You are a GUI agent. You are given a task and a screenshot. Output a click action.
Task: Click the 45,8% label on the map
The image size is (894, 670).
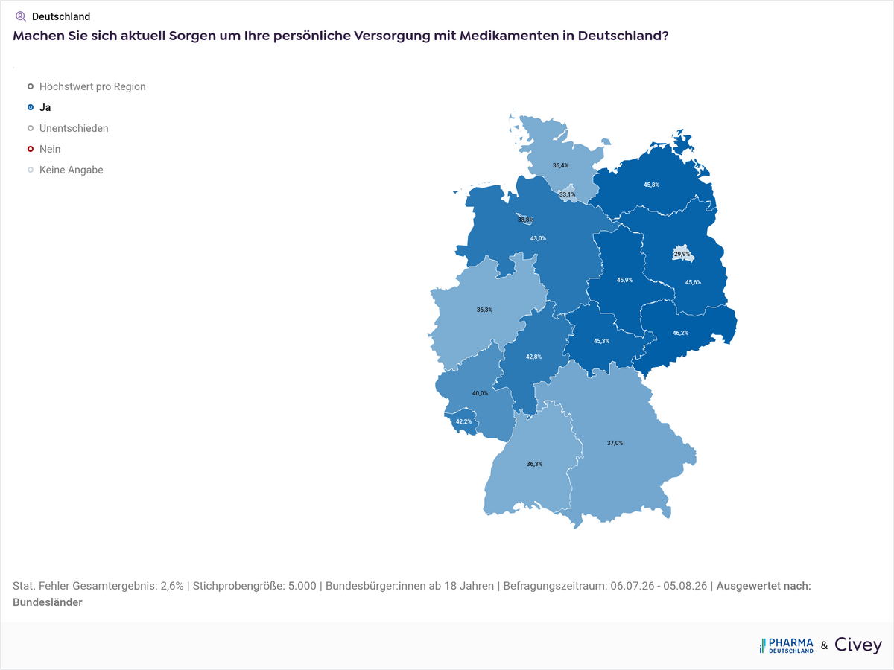pyautogui.click(x=651, y=185)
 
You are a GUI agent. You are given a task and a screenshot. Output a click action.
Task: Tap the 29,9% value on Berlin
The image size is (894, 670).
pyautogui.click(x=682, y=255)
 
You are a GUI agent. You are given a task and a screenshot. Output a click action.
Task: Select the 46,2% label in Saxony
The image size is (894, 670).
pyautogui.click(x=680, y=333)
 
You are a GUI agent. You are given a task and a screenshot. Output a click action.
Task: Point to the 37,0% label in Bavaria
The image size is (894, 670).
pyautogui.click(x=615, y=443)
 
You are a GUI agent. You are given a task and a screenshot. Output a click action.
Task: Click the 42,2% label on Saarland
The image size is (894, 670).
pyautogui.click(x=463, y=421)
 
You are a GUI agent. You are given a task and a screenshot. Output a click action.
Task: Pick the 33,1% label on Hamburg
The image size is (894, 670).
pyautogui.click(x=567, y=194)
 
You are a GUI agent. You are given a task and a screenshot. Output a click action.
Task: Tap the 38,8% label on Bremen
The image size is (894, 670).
pyautogui.click(x=525, y=220)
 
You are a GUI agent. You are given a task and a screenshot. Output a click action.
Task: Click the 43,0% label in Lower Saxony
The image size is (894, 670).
pyautogui.click(x=538, y=238)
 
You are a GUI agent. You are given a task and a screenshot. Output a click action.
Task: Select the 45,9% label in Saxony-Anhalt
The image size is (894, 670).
pyautogui.click(x=624, y=280)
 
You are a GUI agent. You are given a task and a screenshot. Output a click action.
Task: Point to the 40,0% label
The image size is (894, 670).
pyautogui.click(x=480, y=393)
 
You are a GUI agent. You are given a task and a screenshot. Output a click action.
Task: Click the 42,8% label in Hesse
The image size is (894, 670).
pyautogui.click(x=533, y=357)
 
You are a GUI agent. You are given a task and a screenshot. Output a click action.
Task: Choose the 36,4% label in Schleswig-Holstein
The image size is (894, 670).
pyautogui.click(x=560, y=165)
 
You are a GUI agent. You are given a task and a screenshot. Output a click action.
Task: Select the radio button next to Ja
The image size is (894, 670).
pyautogui.click(x=31, y=107)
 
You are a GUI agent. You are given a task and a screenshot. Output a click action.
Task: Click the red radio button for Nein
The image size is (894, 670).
pyautogui.click(x=31, y=149)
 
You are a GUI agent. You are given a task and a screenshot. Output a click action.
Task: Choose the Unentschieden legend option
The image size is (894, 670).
pyautogui.click(x=74, y=128)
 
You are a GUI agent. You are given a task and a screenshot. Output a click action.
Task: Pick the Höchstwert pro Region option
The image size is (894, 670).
pyautogui.click(x=92, y=86)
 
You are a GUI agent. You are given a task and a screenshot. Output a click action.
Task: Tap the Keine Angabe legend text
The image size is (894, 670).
pyautogui.click(x=72, y=170)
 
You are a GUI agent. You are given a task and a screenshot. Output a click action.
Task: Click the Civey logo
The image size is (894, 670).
pyautogui.click(x=858, y=645)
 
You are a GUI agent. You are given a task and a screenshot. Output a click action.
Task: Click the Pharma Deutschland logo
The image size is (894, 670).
pyautogui.click(x=787, y=645)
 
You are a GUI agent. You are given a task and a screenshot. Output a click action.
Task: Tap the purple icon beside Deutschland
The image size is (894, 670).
pyautogui.click(x=20, y=16)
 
